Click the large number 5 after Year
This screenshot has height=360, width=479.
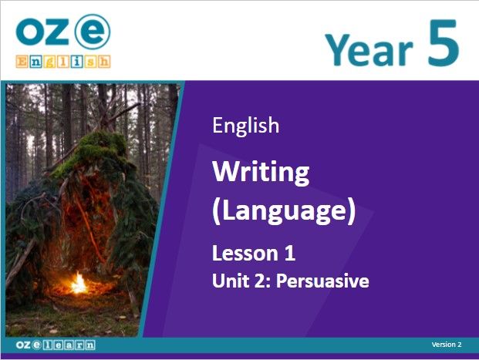point(444,42)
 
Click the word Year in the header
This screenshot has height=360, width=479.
point(369,49)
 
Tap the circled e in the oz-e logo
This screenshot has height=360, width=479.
point(93,31)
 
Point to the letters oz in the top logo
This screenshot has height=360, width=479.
point(42,32)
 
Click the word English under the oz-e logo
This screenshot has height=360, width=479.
point(63,62)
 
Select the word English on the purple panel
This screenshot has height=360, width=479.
point(246,126)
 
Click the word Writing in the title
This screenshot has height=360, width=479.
point(261,173)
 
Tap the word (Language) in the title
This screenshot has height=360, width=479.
point(284,210)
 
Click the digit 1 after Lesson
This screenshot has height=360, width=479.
point(289,254)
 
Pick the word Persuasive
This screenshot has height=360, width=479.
point(322,281)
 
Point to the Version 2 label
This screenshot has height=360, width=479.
point(447,345)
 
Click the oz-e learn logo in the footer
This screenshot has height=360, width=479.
point(56,345)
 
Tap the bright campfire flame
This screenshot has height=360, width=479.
point(79,283)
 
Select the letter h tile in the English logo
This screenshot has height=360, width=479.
point(104,62)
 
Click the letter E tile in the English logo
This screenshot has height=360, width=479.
point(22,62)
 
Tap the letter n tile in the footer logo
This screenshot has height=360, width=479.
point(90,345)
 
